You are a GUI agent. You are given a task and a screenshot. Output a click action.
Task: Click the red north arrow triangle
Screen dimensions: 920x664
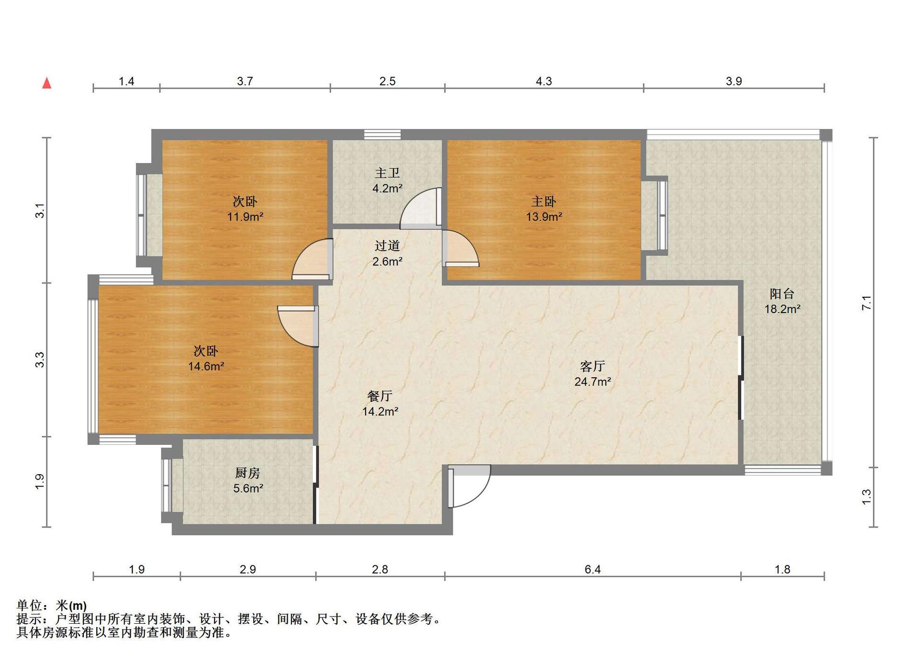click(x=46, y=83)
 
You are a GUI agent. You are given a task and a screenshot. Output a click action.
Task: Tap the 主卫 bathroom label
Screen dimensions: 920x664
click(x=387, y=173)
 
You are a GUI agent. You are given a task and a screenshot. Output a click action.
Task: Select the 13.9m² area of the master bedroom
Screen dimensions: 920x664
click(x=544, y=217)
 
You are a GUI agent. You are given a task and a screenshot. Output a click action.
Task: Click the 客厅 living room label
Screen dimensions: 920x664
click(x=592, y=366)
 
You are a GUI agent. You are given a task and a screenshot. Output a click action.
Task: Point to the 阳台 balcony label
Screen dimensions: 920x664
click(x=782, y=293)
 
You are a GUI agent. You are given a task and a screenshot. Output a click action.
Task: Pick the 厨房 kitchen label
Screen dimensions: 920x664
click(x=248, y=473)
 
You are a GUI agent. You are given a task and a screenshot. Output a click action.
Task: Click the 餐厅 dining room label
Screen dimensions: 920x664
click(x=380, y=396)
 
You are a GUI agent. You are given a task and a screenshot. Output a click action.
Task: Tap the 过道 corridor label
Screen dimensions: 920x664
click(x=387, y=245)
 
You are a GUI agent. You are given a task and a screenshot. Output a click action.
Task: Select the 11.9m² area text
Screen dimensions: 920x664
click(x=245, y=217)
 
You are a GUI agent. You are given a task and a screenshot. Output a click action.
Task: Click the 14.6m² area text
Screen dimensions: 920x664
click(x=206, y=366)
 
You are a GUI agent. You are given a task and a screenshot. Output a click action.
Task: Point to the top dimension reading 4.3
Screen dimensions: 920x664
click(x=544, y=81)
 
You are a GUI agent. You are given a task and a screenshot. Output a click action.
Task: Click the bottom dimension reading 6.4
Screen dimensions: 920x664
click(x=593, y=569)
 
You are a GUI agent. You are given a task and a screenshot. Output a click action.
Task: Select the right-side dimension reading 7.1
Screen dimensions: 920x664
click(x=866, y=303)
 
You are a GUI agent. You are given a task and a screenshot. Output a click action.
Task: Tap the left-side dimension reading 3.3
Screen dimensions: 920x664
click(x=40, y=360)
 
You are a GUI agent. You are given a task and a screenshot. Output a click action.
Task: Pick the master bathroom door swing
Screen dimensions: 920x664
click(x=420, y=208)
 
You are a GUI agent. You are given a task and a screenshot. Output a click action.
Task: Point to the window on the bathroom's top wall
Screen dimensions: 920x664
click(x=382, y=134)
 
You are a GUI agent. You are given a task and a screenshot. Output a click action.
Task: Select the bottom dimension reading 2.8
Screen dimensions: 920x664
click(x=380, y=569)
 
